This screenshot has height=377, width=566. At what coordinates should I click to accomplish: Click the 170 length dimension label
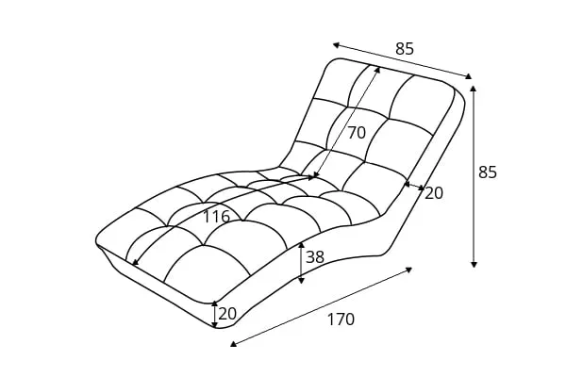[x=341, y=320]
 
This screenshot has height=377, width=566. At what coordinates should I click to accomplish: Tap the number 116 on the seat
[x=216, y=217]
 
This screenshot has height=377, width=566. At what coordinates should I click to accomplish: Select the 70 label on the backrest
[x=356, y=133]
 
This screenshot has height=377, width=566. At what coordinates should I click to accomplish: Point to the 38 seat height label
[x=315, y=256]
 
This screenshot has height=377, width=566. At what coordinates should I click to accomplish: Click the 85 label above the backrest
[x=405, y=49]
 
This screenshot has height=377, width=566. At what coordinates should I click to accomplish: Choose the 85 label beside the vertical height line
[x=488, y=172]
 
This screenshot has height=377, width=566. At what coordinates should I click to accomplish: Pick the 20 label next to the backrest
[x=434, y=193]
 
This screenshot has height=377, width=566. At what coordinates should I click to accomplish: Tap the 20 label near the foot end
[x=227, y=314]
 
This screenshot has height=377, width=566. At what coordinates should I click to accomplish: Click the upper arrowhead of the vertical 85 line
[x=474, y=88]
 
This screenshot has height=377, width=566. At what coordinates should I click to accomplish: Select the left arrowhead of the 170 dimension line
[x=233, y=345]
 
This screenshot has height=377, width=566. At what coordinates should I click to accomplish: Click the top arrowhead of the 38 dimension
[x=301, y=244]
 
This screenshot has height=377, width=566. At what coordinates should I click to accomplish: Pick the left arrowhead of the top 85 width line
[x=335, y=43]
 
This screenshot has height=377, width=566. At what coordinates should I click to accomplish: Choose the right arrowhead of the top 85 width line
[x=469, y=77]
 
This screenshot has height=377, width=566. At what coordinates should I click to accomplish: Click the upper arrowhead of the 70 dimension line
[x=378, y=68]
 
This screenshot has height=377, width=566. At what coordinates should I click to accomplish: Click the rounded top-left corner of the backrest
[x=332, y=63]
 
